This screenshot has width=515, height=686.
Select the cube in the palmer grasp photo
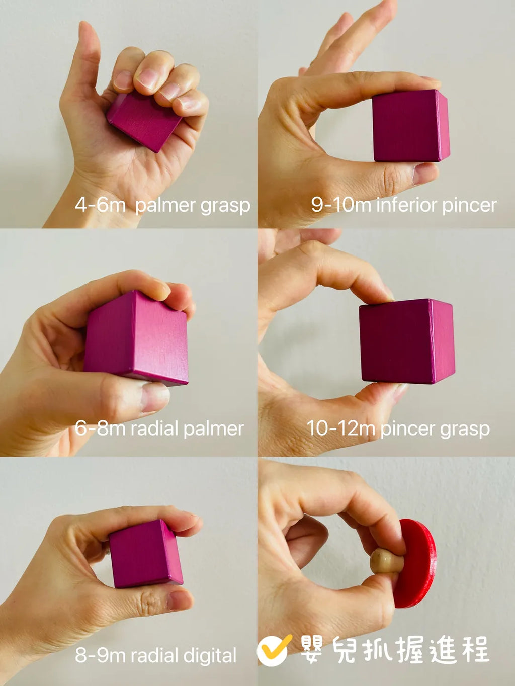pyautogui.click(x=144, y=122)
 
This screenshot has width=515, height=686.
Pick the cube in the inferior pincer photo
pyautogui.click(x=411, y=126)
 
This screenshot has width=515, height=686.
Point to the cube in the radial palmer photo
pyautogui.click(x=136, y=338)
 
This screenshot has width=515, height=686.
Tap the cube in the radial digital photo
pyautogui.click(x=146, y=554)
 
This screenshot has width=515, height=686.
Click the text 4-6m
pyautogui.click(x=100, y=205)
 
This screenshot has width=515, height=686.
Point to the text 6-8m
pyautogui.click(x=100, y=428)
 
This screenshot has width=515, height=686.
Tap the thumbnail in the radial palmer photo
pyautogui.click(x=155, y=396)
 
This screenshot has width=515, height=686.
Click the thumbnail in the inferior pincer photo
pyautogui.click(x=425, y=173)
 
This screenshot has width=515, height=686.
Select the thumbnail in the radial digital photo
pyautogui.click(x=180, y=601)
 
